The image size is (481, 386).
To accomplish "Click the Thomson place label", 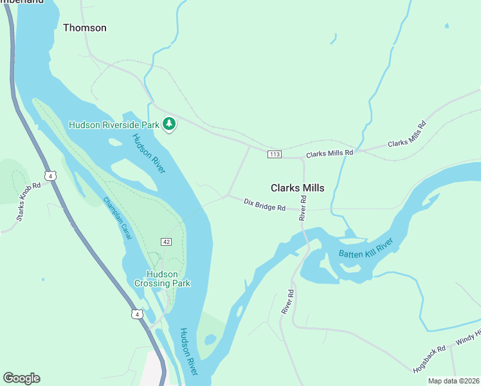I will tap(84, 28).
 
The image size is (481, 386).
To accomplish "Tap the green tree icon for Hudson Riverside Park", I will tap(169, 123).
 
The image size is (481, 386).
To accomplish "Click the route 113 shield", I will tap(275, 154).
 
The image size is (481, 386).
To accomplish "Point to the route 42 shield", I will tap(167, 241).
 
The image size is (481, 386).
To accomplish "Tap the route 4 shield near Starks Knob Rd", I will tap(50, 175).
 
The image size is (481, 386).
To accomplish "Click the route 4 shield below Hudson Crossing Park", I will tap(136, 314).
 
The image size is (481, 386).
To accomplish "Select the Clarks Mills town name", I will tap(297, 188).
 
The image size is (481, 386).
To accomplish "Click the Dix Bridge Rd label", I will tap(264, 205).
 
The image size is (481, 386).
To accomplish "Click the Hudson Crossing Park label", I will tap(162, 278).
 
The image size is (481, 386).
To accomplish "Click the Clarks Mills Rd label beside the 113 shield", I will tap(330, 153).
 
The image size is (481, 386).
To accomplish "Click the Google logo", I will tap(21, 378).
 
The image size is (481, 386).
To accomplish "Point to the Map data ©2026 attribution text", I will tap(453, 381).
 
